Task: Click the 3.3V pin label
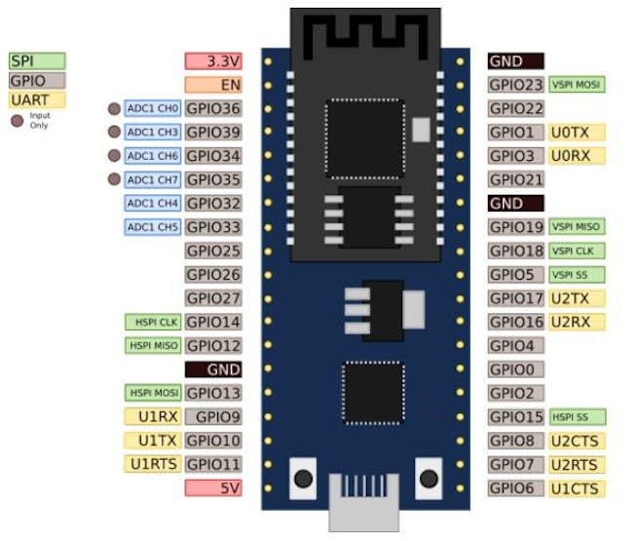212,60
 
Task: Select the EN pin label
212,85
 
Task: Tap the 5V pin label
212,487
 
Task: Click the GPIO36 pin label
212,108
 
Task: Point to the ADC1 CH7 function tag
153,179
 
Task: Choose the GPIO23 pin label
516,85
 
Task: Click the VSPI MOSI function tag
577,85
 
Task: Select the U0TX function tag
577,132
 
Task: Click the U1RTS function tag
153,464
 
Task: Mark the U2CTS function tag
577,441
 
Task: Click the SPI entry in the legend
37,60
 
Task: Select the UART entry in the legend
37,99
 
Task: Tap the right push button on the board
428,479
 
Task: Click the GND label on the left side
212,369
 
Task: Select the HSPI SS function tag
577,417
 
